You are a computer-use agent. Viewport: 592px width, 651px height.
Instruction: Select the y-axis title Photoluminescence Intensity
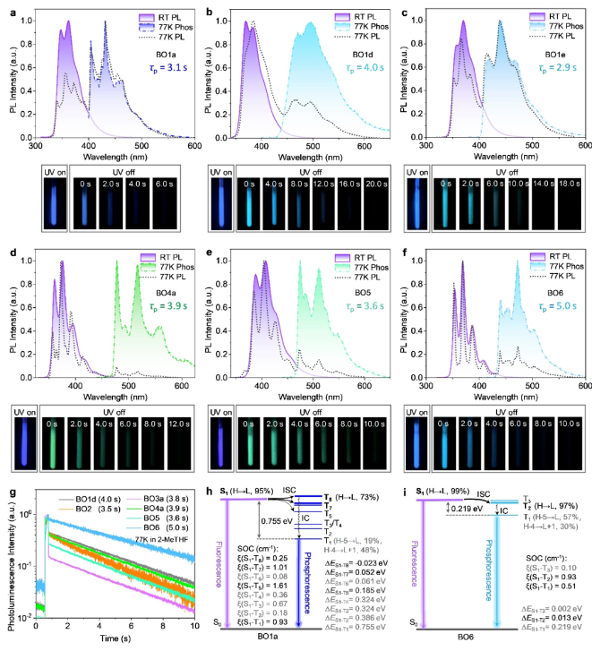point(10,560)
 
